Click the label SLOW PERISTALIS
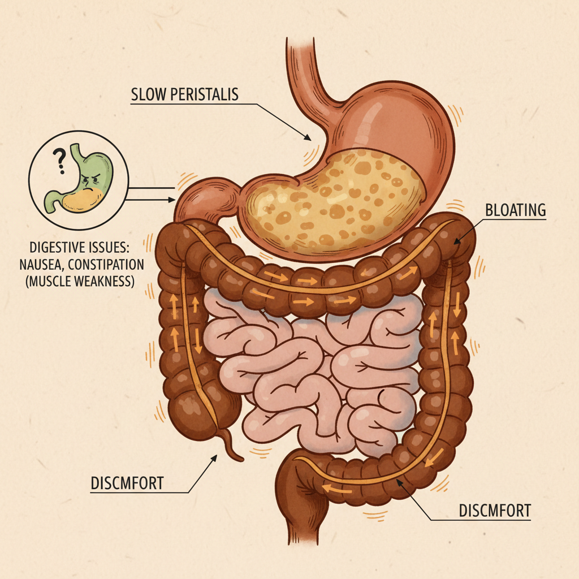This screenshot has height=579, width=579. (184, 94)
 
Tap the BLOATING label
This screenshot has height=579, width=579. (515, 210)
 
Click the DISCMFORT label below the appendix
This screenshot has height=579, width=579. (127, 483)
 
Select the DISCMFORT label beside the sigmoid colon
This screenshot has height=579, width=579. (494, 511)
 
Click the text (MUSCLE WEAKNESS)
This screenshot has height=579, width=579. (80, 280)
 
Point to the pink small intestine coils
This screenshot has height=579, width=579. (317, 368)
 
